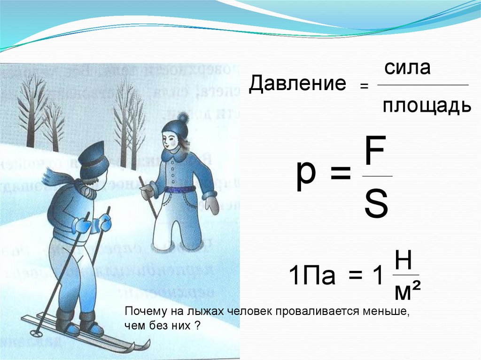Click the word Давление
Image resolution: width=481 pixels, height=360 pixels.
(297, 84)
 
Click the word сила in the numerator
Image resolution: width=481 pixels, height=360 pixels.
(407, 68)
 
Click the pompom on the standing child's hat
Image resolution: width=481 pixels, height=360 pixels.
(183, 116)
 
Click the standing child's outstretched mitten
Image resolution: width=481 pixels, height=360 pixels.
(212, 204)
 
